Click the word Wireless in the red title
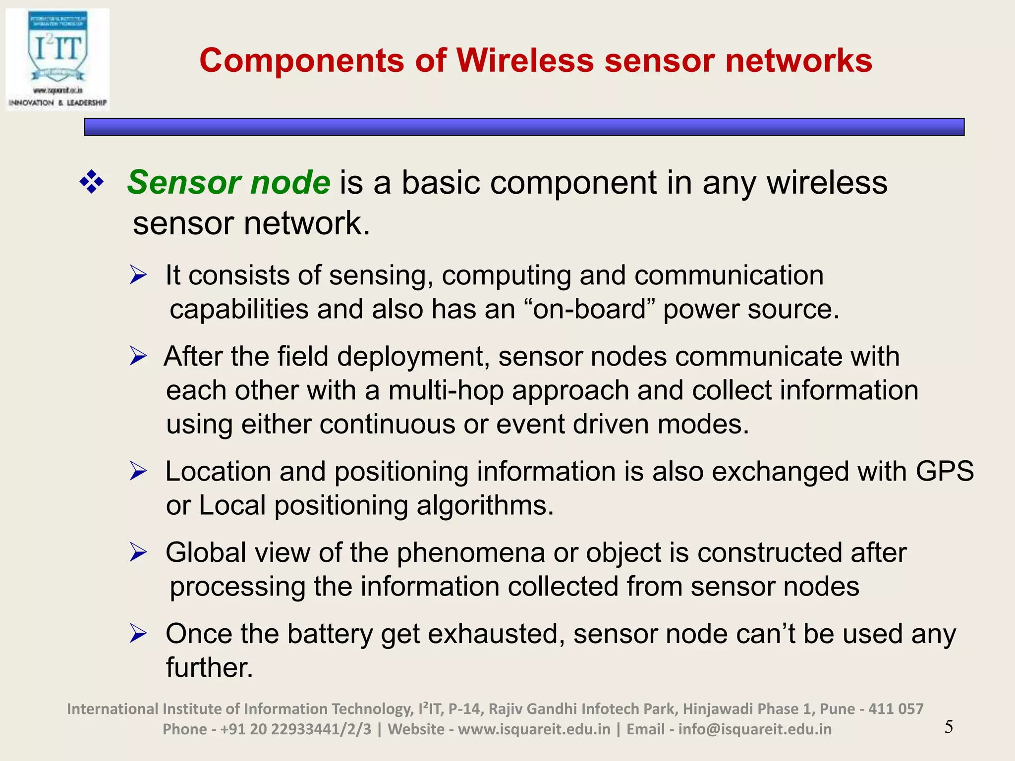click(x=524, y=61)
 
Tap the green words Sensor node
click(x=228, y=182)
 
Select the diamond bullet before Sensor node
click(x=92, y=182)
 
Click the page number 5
click(x=949, y=727)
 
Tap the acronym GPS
click(x=944, y=471)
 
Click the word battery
click(x=330, y=634)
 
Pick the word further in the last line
click(x=209, y=667)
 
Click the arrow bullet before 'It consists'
click(x=138, y=275)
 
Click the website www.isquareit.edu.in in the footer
click(x=534, y=729)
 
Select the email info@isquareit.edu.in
click(x=755, y=729)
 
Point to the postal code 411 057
click(x=896, y=709)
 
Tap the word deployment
click(x=413, y=357)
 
